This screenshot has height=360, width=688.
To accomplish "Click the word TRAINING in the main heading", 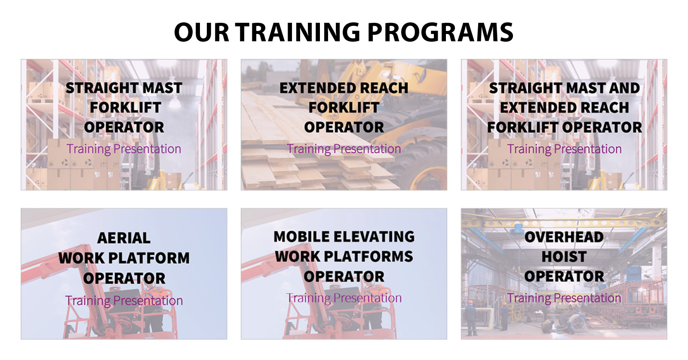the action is (298, 32).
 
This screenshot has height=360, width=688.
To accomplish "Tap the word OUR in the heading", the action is (202, 32).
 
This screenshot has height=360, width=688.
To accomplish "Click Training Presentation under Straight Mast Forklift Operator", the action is (124, 149).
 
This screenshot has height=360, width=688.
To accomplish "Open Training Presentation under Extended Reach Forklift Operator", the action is (344, 149).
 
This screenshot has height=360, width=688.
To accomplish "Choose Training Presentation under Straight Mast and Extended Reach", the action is (564, 149).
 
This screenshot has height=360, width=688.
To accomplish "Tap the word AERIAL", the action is (124, 238).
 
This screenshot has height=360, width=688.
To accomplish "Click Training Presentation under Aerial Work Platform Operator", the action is (124, 301).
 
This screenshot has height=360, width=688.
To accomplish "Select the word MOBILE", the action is (301, 237).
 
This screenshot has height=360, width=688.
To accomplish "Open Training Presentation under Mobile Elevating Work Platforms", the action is (344, 298).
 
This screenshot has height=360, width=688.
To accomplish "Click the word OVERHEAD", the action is (564, 237).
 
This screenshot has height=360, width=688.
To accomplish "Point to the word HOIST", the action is (564, 257).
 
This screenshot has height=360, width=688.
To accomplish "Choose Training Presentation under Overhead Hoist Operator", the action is (564, 298).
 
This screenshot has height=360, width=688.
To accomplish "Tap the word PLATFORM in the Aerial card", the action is (149, 258).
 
